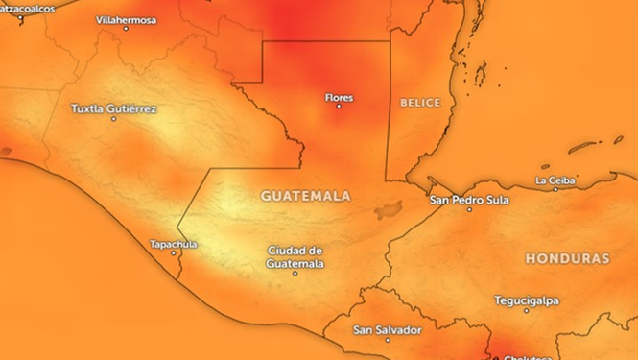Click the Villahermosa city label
[x=127, y=18]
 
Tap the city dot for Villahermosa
[x=126, y=29]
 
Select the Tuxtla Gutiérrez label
[x=114, y=108]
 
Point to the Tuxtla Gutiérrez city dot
[x=115, y=119]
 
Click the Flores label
[x=340, y=97]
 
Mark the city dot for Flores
[x=338, y=107]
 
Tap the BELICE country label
[x=420, y=102]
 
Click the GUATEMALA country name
[x=305, y=195]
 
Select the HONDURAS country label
[x=568, y=259]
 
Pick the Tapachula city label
[x=173, y=244]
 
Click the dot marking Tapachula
[x=173, y=253]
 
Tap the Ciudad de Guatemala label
[x=295, y=256]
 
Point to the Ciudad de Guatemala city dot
[x=295, y=274]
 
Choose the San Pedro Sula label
[x=469, y=200]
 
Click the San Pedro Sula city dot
[x=469, y=210]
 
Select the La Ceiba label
[x=555, y=180]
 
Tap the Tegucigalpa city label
[x=527, y=300]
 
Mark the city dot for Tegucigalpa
[x=527, y=310]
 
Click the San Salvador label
[x=387, y=330]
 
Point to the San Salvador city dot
[x=388, y=341]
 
